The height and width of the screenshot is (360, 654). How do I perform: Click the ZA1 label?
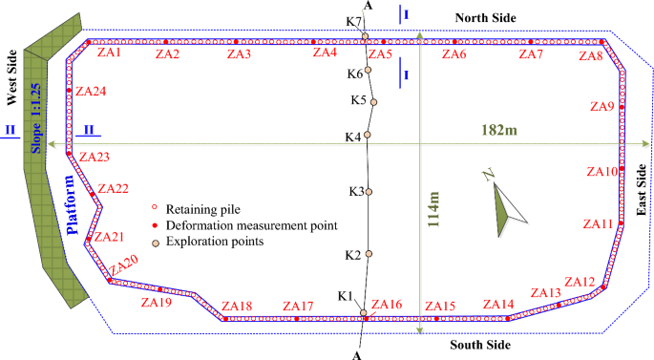pyautogui.click(x=109, y=53)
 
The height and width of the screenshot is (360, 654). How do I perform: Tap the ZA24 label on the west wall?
pyautogui.click(x=91, y=92)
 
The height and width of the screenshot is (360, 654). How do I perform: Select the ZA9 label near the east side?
pyautogui.click(x=602, y=106)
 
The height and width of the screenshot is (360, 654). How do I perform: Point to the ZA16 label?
pyautogui.click(x=387, y=305)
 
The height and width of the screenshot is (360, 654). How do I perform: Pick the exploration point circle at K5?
pyautogui.click(x=374, y=102)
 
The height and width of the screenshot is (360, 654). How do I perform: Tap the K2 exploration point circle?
pyautogui.click(x=368, y=254)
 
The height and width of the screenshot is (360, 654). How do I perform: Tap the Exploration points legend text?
pyautogui.click(x=215, y=242)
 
